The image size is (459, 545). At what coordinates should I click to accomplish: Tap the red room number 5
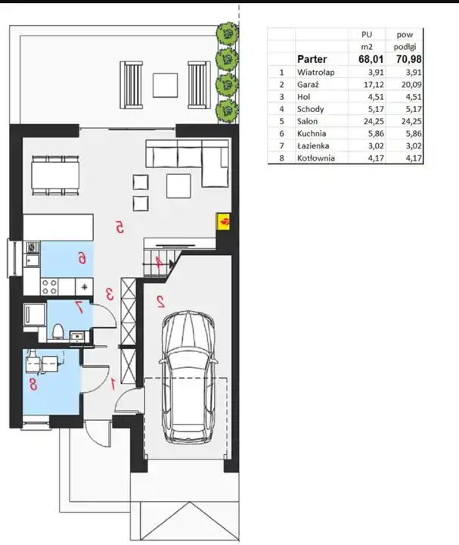[119, 228]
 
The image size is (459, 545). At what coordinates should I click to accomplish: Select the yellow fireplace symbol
[223, 221]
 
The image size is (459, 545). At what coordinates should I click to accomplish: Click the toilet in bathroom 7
[57, 332]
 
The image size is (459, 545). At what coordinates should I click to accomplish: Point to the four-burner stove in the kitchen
[49, 287]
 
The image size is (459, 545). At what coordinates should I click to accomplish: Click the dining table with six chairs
[55, 176]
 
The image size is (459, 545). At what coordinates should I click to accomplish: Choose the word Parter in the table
[312, 59]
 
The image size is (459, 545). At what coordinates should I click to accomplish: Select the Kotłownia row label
[315, 158]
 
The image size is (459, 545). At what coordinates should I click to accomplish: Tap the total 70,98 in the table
[408, 59]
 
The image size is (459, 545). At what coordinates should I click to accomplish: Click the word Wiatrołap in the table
[315, 73]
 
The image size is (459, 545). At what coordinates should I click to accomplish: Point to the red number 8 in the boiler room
[33, 385]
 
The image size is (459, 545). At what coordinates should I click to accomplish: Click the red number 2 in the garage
[161, 301]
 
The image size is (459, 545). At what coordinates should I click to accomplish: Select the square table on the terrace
[166, 85]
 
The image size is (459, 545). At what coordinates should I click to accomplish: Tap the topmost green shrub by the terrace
[227, 33]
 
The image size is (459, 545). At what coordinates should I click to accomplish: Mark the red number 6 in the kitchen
[82, 258]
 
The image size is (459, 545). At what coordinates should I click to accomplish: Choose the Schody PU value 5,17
[376, 109]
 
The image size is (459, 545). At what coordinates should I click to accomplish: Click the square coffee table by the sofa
[178, 186]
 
